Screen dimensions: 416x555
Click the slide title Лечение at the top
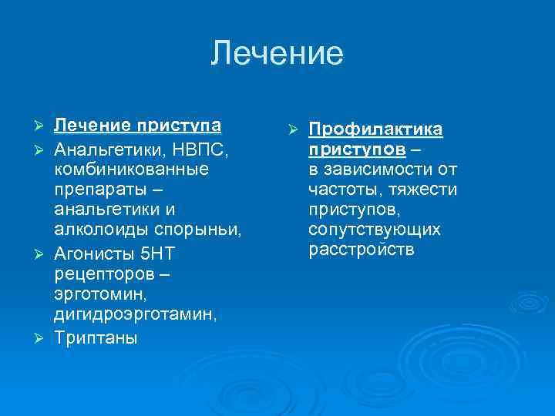point(277,54)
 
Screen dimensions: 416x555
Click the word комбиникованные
point(131,167)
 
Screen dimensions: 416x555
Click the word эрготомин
point(99,295)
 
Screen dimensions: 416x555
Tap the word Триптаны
point(96,338)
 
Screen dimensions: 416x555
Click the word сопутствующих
point(374,230)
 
